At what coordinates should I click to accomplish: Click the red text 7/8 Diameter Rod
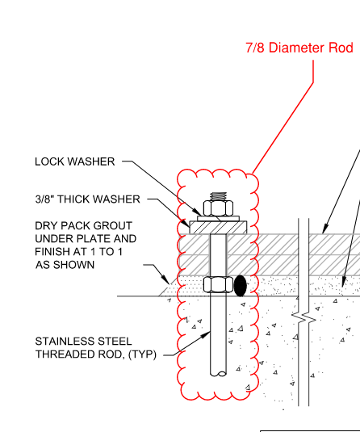coord(299,48)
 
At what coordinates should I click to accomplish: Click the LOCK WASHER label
coord(74,161)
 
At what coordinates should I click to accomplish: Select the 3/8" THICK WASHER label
coord(88,199)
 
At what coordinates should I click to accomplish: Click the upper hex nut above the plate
coord(218,208)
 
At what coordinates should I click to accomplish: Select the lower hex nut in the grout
coord(218,284)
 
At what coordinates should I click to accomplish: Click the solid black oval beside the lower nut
coord(241,286)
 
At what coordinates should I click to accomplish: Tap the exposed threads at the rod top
coord(218,196)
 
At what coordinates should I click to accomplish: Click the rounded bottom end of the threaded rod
coord(218,374)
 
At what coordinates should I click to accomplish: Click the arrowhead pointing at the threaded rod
coord(205,335)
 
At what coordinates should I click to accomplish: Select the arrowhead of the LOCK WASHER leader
coord(197,212)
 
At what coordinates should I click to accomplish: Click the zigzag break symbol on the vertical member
coord(303,317)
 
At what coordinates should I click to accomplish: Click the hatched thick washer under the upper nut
coord(218,228)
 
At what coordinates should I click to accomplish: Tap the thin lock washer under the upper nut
coord(218,219)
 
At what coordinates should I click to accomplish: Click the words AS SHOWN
coord(65,265)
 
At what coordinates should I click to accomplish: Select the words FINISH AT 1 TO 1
coord(78,252)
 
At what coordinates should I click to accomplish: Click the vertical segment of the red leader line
coord(313,71)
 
